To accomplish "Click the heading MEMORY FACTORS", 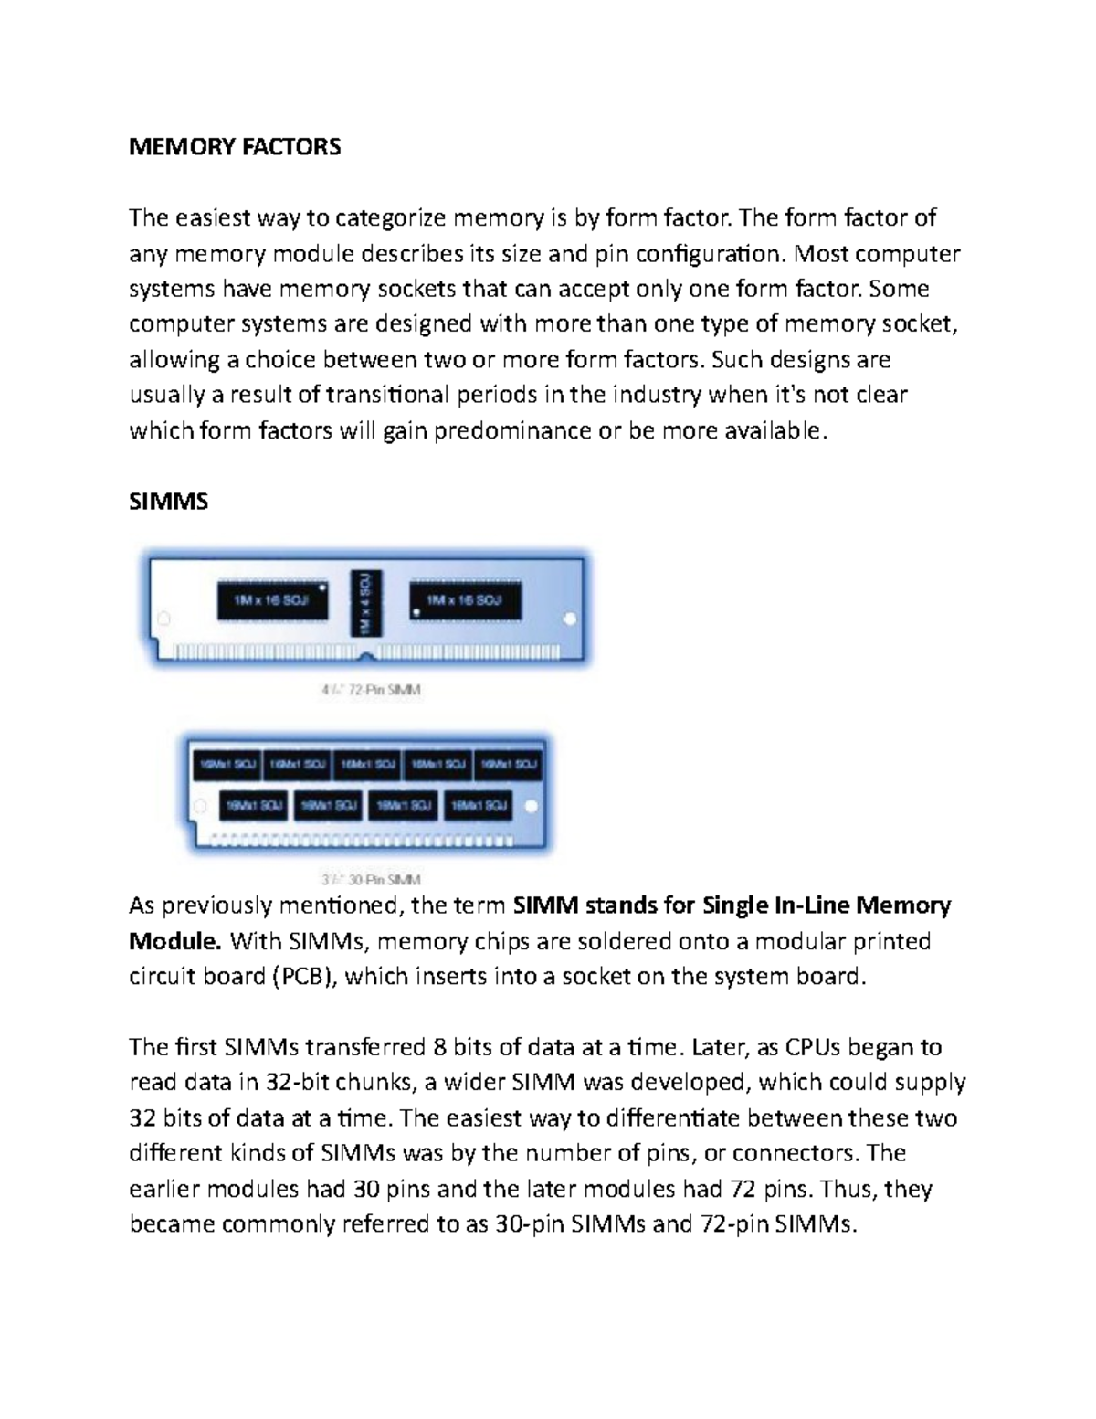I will pos(235,146).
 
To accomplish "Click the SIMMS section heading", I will pos(169,502).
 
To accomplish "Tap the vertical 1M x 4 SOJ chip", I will pos(366,602).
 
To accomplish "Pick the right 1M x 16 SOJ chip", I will pos(465,600).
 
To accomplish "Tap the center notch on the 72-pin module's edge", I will pos(365,656).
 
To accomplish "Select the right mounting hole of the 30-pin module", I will pos(533,807).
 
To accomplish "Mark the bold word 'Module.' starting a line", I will pos(175,941).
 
